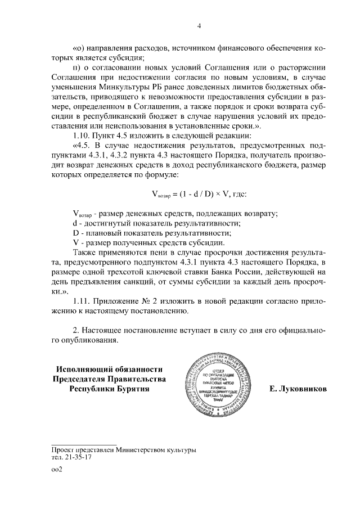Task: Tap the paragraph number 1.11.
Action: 83,303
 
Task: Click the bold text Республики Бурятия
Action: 110,389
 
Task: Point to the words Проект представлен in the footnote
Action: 84,450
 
